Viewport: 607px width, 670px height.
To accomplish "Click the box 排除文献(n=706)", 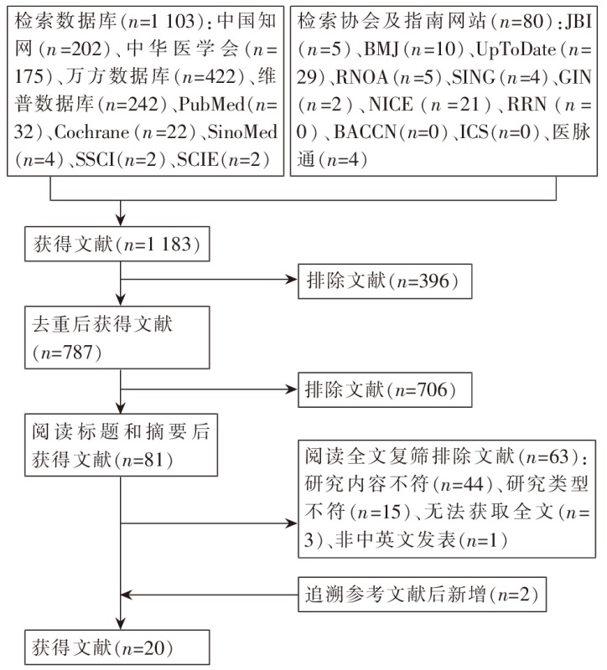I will point(383,389).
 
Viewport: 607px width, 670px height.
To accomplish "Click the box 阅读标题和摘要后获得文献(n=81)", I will point(117,446).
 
